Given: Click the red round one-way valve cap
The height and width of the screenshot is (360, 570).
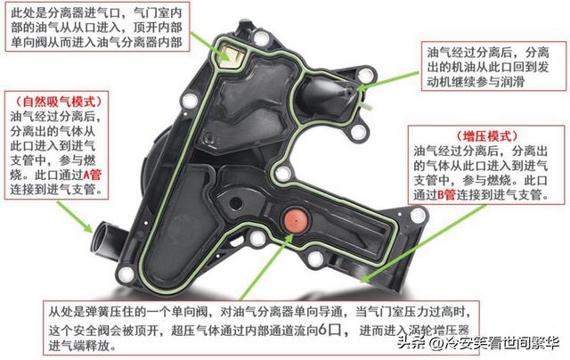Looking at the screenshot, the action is coord(296,219).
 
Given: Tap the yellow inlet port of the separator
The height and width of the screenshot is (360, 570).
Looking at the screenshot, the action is coord(231,54).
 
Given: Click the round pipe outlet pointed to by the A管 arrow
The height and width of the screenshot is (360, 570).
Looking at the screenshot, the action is coord(103,239).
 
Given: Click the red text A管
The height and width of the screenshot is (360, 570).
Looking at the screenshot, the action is coord(92,175).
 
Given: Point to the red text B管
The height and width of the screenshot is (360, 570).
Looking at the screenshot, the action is coord(446,195).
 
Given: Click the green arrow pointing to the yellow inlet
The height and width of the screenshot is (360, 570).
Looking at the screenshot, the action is coord(209,45).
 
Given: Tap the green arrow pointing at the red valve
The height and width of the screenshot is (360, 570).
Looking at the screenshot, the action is coord(266,267).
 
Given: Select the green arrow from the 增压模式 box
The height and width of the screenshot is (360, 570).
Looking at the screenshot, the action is coord(423,243).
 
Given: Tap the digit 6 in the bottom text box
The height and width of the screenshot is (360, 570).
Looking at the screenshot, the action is coord(322,331).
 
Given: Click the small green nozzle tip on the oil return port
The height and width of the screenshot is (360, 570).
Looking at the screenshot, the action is coord(367,106).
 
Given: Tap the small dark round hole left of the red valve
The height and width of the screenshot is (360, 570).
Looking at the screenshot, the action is coord(235,202).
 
